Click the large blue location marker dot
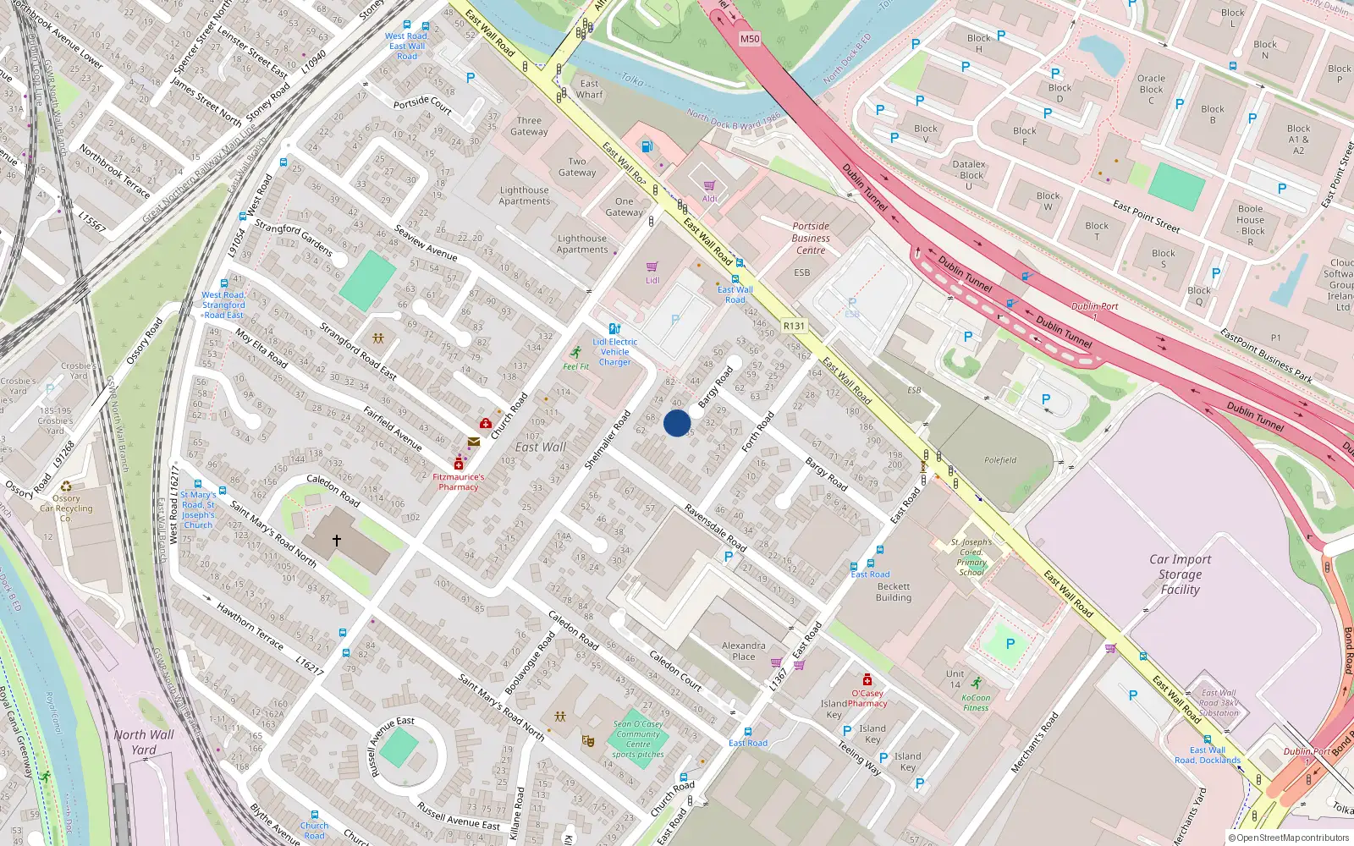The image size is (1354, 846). [677, 423]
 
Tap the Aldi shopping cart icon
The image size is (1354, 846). [709, 185]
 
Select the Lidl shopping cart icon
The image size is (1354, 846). [652, 266]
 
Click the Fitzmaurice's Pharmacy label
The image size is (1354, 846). [459, 481]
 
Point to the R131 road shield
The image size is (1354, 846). [794, 326]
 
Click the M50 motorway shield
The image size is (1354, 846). [750, 39]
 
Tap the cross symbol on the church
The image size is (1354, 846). [336, 540]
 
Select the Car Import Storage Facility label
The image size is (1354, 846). [1180, 574]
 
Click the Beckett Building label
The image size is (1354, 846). [894, 591]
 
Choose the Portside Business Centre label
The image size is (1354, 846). [811, 238]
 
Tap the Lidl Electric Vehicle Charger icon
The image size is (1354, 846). [614, 328]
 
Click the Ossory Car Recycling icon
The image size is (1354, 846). [66, 486]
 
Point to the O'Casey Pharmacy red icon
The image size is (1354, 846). [867, 679]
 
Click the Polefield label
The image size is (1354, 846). [1000, 460]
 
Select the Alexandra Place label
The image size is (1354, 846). [744, 651]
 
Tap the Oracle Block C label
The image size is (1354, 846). [1151, 89]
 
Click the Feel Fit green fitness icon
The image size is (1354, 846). [576, 352]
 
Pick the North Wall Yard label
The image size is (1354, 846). [144, 742]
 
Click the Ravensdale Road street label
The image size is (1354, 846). [715, 528]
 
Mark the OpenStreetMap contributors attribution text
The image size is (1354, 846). [1288, 838]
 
